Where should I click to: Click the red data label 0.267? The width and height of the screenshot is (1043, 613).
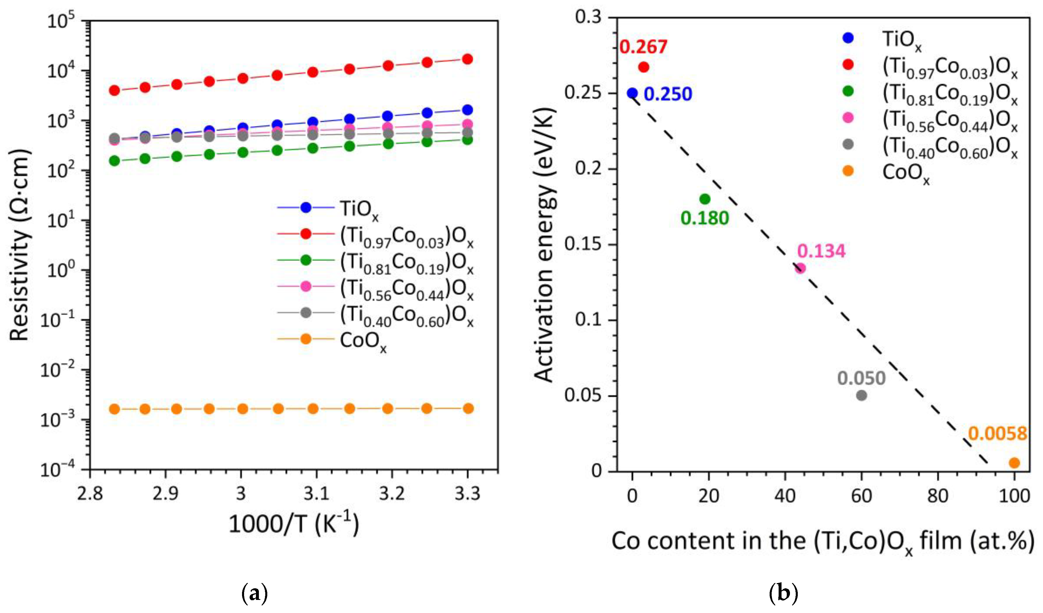pyautogui.click(x=643, y=47)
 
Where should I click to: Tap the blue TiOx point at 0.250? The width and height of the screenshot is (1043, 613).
pyautogui.click(x=632, y=93)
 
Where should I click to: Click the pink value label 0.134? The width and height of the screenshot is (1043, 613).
pyautogui.click(x=821, y=251)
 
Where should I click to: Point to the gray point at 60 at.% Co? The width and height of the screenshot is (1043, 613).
pyautogui.click(x=861, y=395)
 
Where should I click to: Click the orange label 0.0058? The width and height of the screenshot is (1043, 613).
pyautogui.click(x=997, y=434)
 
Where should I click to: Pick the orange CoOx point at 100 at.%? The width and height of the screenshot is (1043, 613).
pyautogui.click(x=1014, y=463)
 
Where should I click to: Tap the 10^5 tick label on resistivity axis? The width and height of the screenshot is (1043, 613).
pyautogui.click(x=61, y=21)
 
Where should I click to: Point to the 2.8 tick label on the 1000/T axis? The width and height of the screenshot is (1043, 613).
pyautogui.click(x=90, y=493)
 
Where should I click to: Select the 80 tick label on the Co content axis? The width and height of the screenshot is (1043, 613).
pyautogui.click(x=937, y=496)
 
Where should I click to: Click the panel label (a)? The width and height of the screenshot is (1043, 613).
pyautogui.click(x=254, y=594)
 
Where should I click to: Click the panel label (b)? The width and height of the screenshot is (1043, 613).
pyautogui.click(x=783, y=594)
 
